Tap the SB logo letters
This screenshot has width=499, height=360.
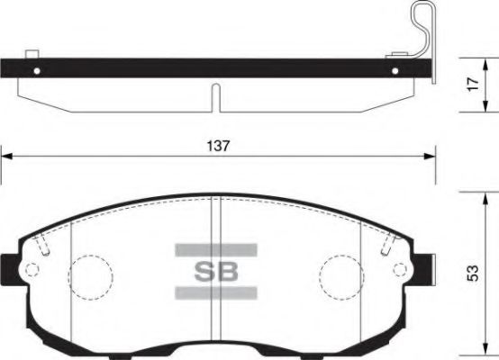215,270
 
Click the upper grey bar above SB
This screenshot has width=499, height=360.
215,248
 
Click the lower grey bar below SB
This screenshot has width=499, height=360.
215,292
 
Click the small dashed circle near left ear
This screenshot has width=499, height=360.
33,269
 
